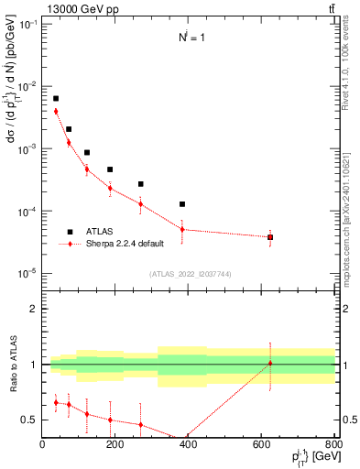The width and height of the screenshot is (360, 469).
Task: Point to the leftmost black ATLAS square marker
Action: click(56, 98)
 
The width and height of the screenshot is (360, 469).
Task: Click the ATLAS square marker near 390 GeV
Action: click(182, 204)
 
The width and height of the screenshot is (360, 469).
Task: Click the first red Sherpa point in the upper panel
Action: click(56, 112)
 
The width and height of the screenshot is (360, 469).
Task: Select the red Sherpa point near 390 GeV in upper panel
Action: click(182, 229)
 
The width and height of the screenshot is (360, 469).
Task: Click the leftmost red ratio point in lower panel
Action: click(56, 402)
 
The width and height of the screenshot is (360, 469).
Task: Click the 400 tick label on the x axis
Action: click(188, 445)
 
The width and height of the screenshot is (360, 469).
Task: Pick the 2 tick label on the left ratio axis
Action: click(34, 309)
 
